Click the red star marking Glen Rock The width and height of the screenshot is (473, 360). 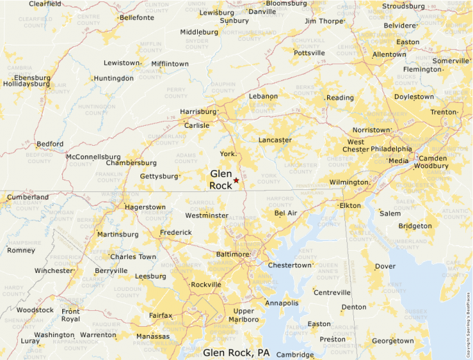coord(236,180)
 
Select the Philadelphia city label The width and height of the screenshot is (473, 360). coord(391,149)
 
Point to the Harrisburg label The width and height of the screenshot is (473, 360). coord(198,111)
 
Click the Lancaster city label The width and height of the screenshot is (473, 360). coord(275,140)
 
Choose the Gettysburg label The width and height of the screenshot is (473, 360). coord(159,176)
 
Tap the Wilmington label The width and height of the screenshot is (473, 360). coord(349,182)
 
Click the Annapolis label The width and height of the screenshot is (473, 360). coord(281,303)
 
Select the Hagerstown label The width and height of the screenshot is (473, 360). coord(145,207)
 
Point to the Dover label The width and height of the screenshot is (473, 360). coord(385,266)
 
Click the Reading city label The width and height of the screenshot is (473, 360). coord(340,98)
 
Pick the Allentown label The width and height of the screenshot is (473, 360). coord(389,55)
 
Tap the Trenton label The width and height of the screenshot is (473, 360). coord(443,112)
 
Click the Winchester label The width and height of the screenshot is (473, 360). coord(54,271)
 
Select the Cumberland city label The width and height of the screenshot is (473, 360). coord(28,197)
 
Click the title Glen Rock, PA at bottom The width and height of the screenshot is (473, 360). coord(236,352)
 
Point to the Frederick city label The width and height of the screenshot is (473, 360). coord(176,233)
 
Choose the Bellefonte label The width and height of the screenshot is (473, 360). coord(136,18)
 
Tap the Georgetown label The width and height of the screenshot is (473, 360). coord(393,341)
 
